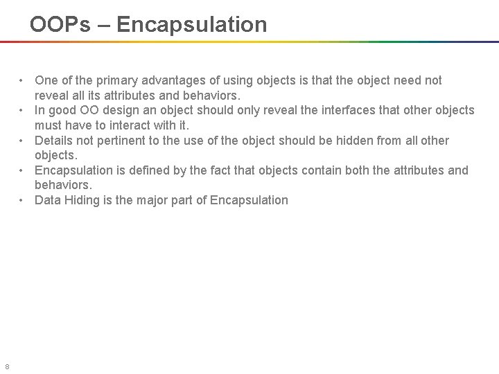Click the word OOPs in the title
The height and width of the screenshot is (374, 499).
point(59,25)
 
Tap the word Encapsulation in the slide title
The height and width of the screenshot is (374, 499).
point(192,25)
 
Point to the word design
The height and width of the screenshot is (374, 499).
point(128,110)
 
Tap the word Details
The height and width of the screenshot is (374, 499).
point(53,141)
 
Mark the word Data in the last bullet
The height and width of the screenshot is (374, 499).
point(48,200)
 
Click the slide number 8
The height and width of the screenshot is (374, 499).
point(7,366)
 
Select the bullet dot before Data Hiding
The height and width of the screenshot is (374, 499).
point(23,200)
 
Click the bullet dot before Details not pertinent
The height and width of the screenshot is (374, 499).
point(23,141)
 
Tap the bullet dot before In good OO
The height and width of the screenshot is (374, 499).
point(23,110)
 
